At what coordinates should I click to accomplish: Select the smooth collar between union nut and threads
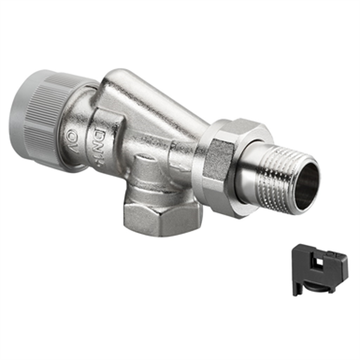tap(251, 173)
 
